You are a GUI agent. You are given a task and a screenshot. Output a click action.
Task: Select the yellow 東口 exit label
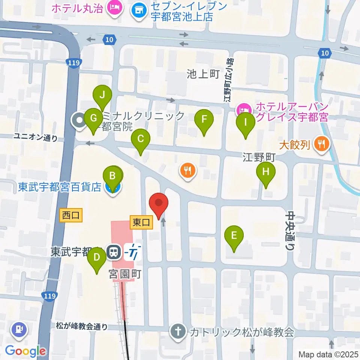click(x=141, y=222)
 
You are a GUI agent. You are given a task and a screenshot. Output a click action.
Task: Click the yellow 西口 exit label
click(x=71, y=215)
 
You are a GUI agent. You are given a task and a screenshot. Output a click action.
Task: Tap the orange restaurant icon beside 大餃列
click(x=321, y=143)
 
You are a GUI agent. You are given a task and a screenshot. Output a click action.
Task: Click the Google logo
click(x=25, y=351)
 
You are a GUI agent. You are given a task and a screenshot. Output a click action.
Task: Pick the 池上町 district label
click(x=203, y=74)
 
